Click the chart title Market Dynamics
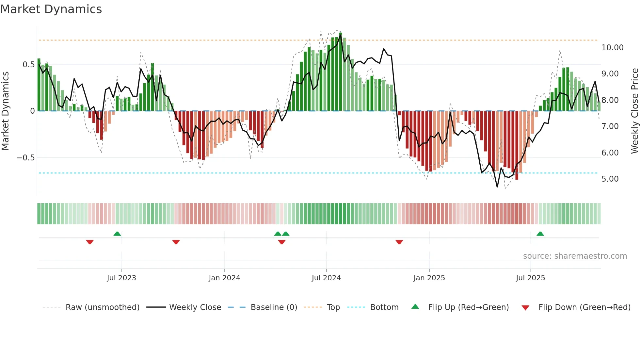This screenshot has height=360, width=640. tap(51, 9)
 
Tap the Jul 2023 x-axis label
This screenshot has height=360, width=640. tap(121, 278)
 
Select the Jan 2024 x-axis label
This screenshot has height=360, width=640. tap(224, 278)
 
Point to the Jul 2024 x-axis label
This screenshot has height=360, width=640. tap(326, 278)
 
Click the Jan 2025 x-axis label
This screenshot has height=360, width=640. tap(429, 278)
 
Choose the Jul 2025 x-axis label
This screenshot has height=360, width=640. tap(531, 278)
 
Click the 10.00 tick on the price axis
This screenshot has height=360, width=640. tap(612, 48)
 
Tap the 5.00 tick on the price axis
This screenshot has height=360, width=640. tap(610, 179)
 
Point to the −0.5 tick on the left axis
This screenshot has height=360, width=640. tap(25, 158)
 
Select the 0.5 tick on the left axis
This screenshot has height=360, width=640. tap(28, 65)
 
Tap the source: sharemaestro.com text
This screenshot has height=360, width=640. tap(575, 256)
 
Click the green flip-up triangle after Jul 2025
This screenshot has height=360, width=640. tap(540, 234)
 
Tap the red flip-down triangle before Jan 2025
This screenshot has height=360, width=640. tap(399, 242)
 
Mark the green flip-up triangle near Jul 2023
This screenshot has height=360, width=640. tap(117, 234)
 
